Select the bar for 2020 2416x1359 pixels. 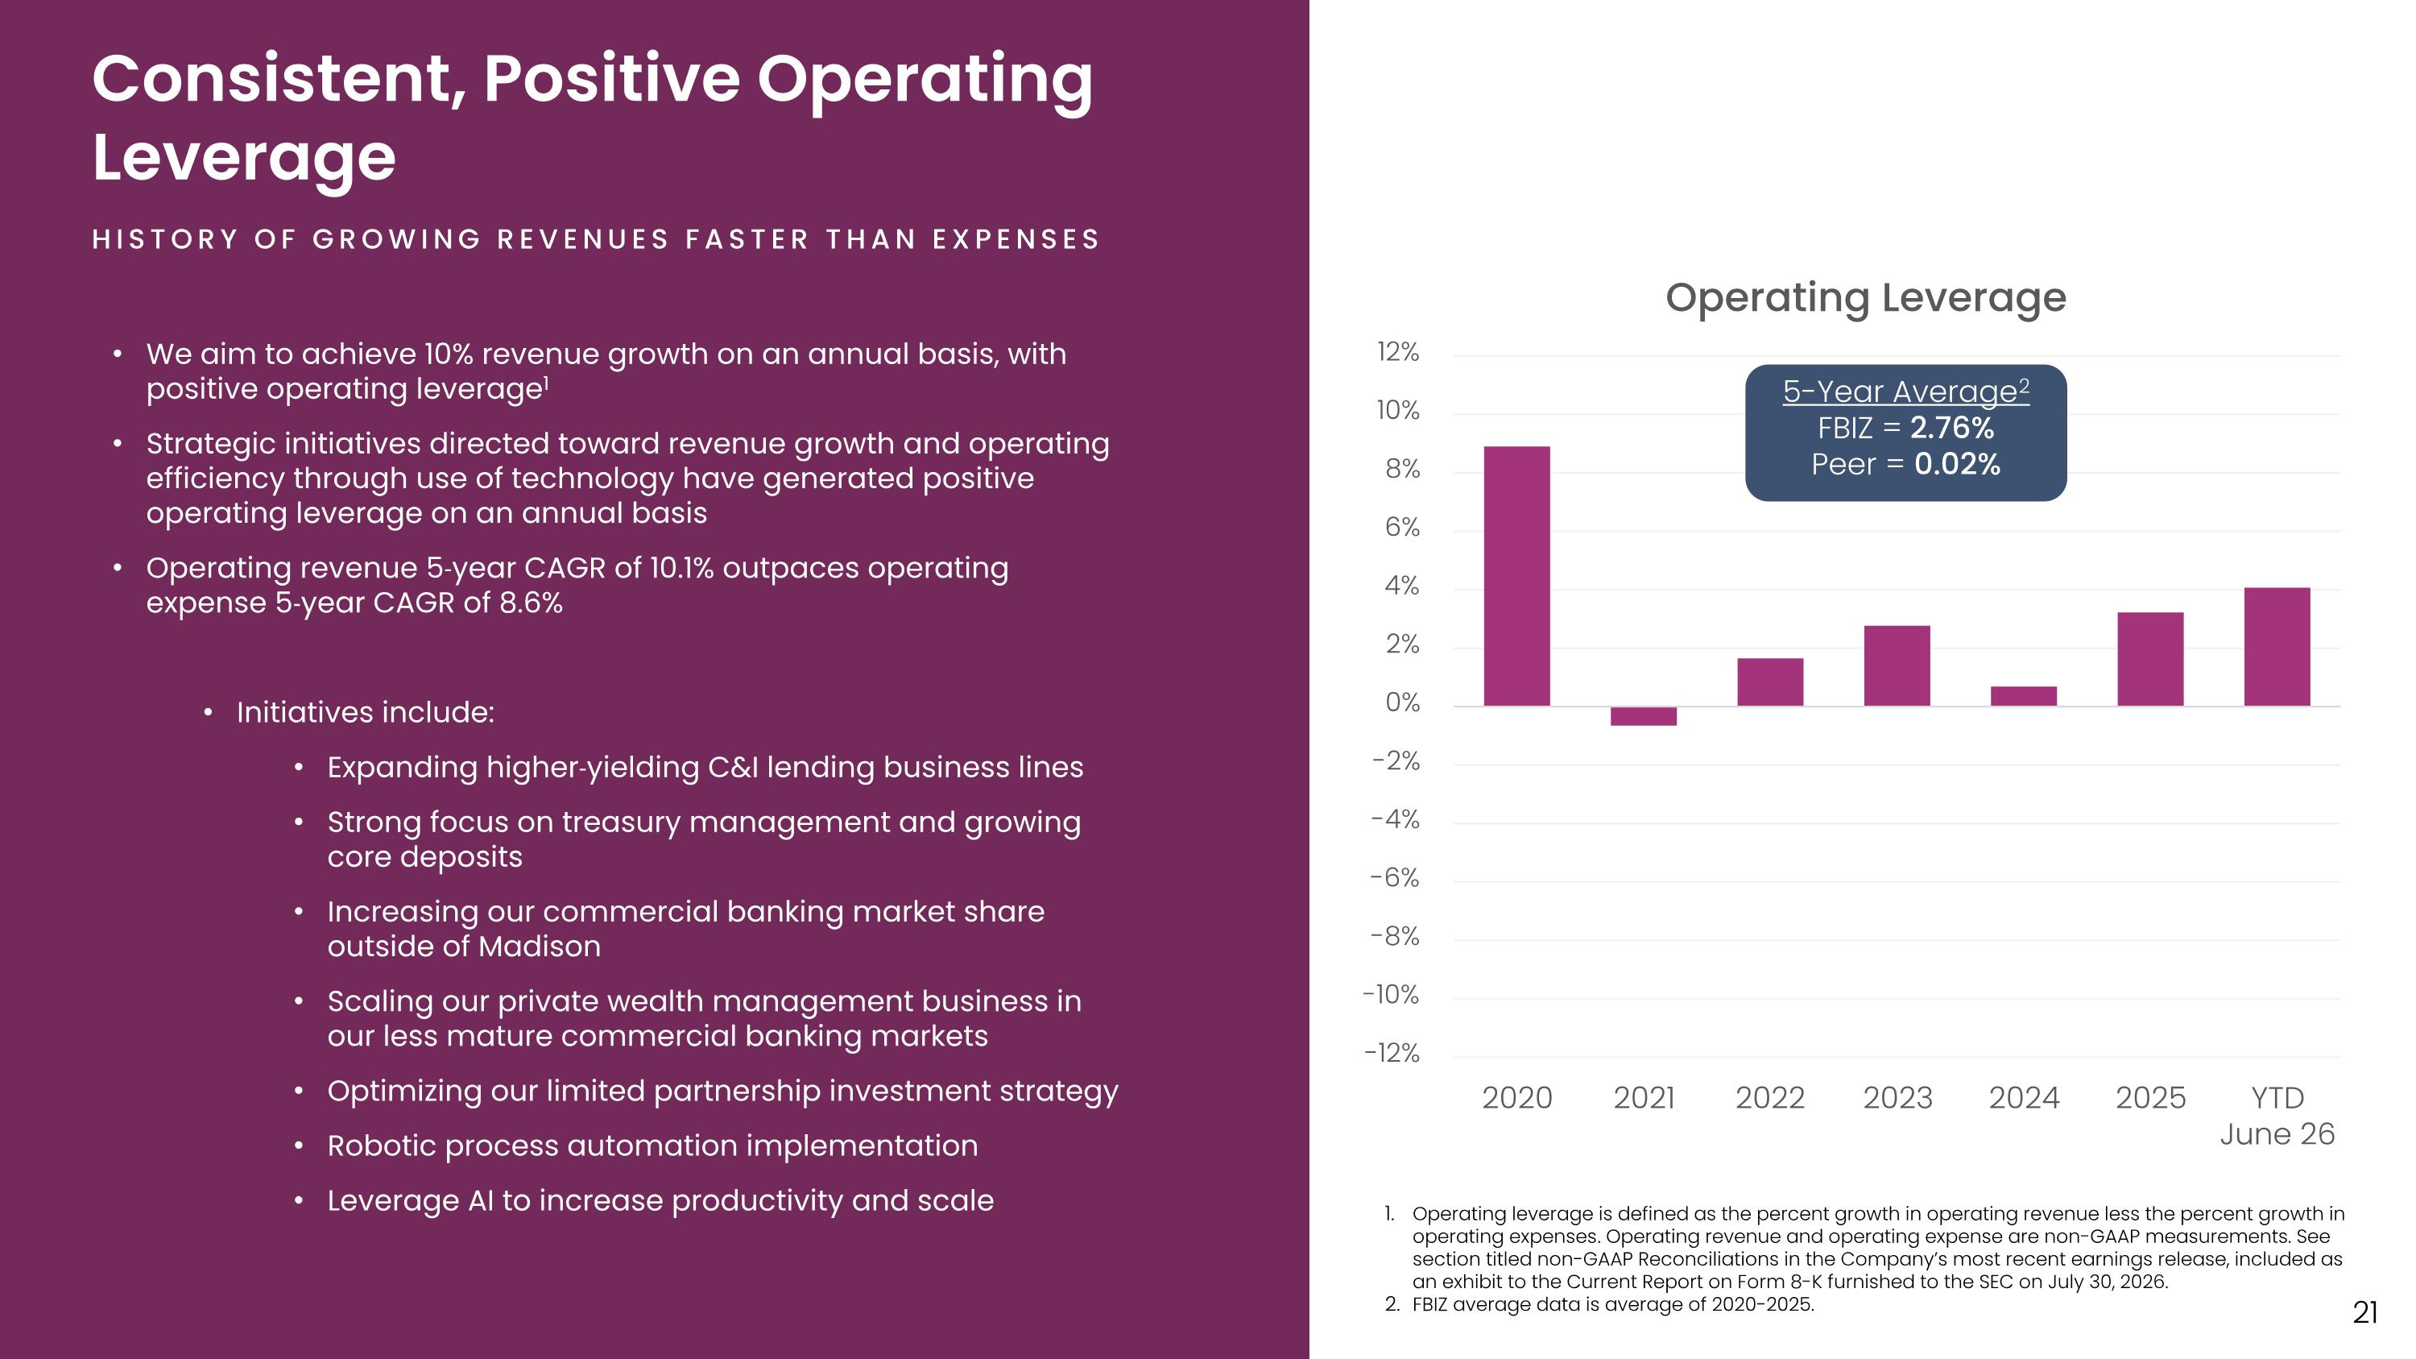(x=1516, y=576)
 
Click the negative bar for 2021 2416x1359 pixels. (x=1643, y=715)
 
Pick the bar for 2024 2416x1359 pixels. (x=2024, y=696)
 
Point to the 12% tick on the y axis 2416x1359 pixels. (x=1397, y=353)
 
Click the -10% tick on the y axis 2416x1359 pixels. (x=1391, y=995)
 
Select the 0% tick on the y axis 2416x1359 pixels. (x=1402, y=703)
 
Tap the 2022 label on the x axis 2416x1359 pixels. (x=1770, y=1097)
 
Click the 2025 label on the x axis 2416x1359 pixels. (x=2150, y=1097)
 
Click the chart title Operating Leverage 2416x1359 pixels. (x=1865, y=298)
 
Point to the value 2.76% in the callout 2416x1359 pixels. (x=1952, y=428)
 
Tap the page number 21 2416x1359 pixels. (x=2365, y=1313)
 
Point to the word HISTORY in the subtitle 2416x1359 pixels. (x=165, y=240)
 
